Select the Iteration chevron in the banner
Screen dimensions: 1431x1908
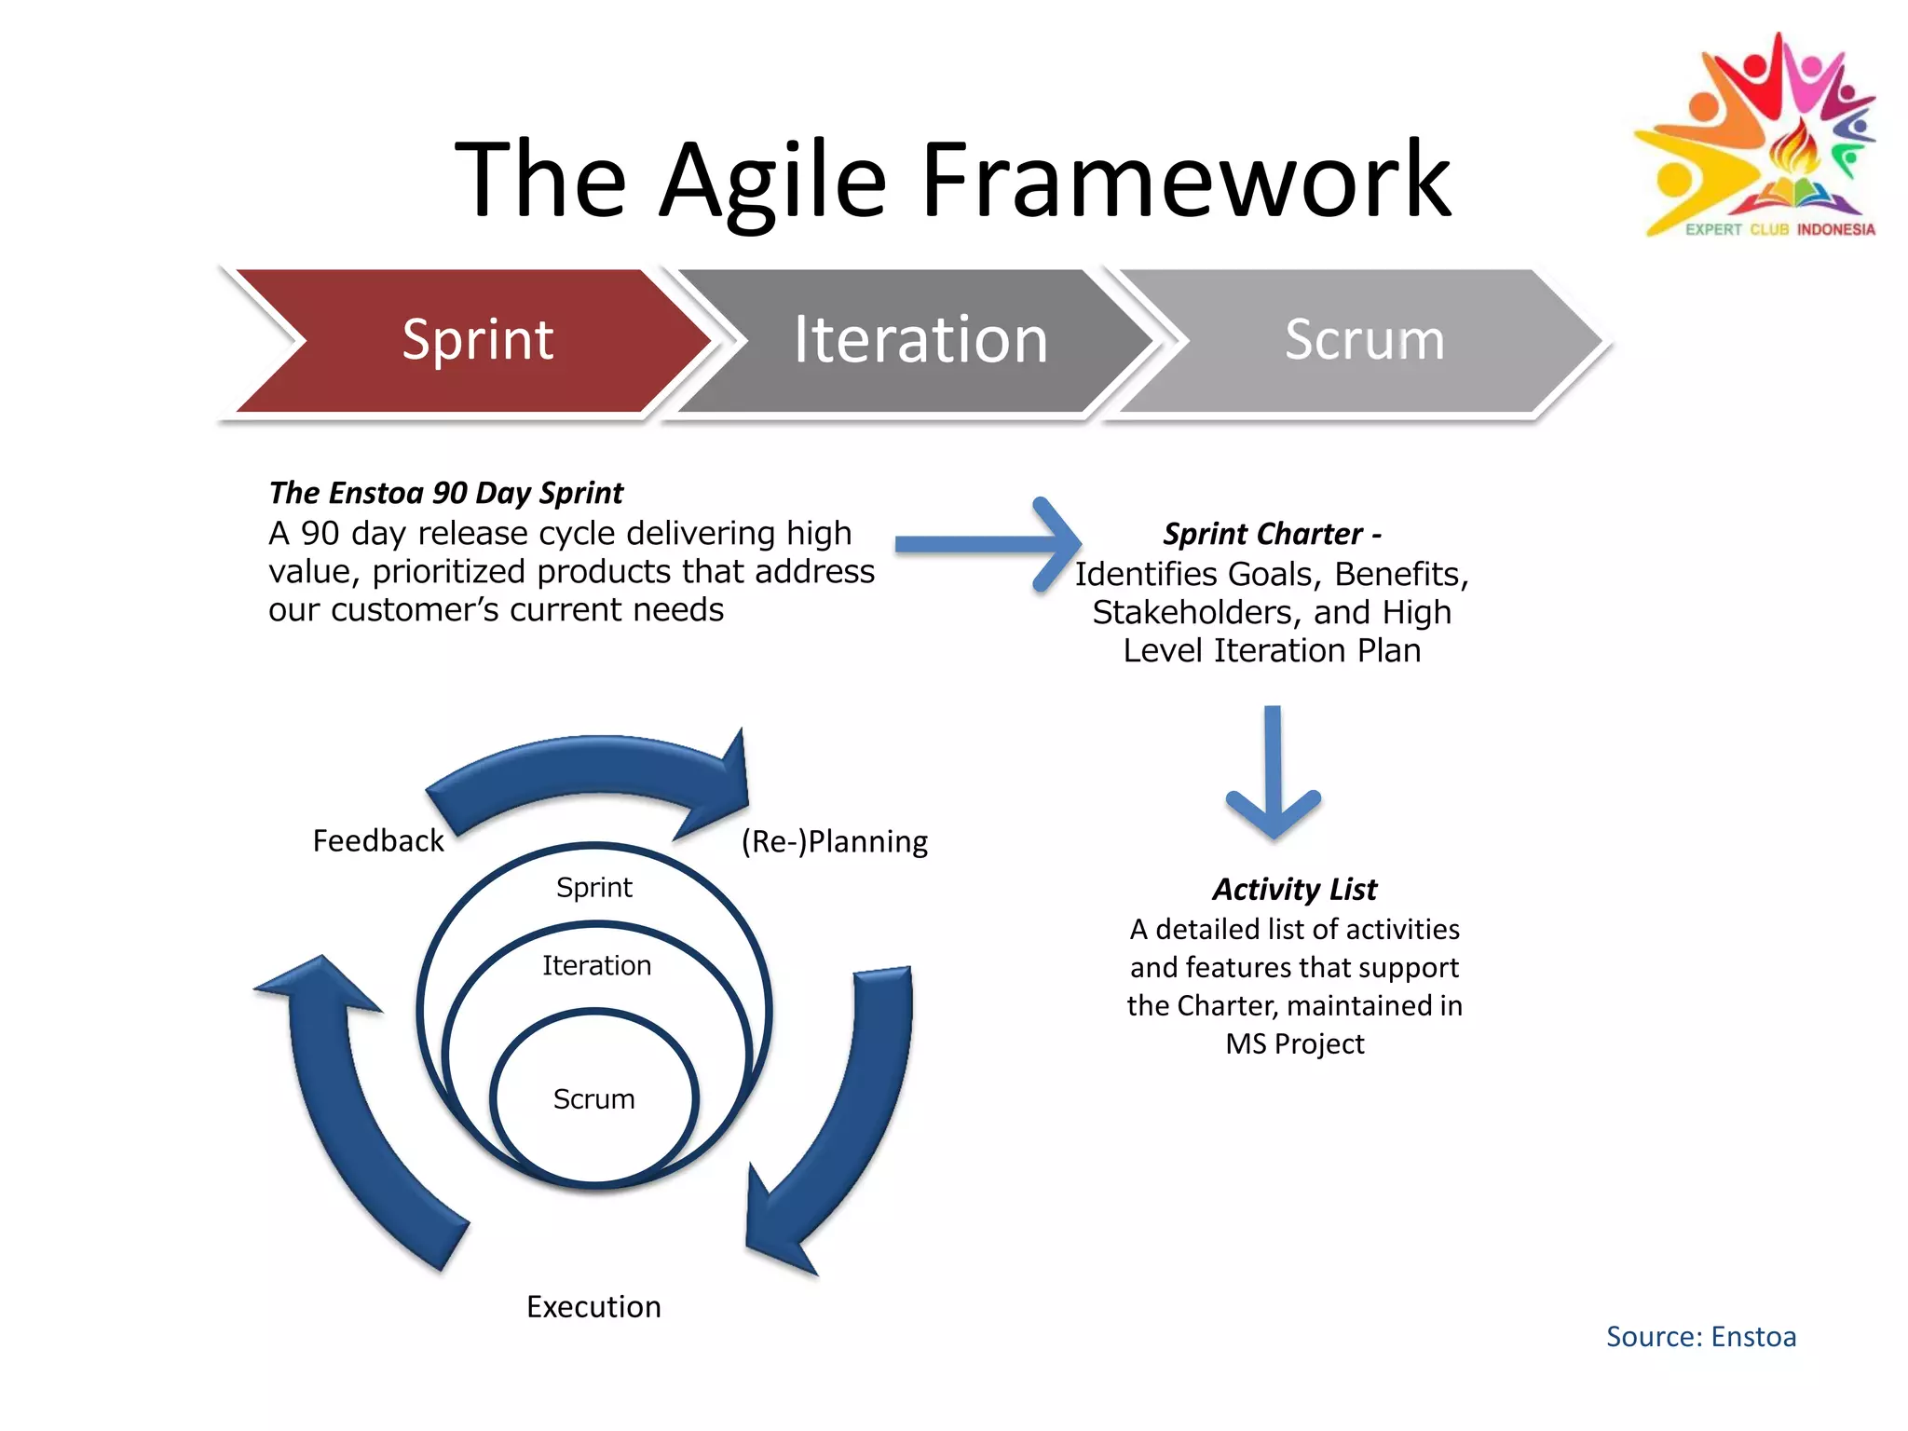pyautogui.click(x=920, y=340)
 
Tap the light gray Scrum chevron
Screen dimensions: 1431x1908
pyautogui.click(x=1363, y=340)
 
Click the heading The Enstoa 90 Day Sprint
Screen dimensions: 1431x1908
pyautogui.click(x=445, y=492)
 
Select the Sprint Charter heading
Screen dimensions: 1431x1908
pyautogui.click(x=1271, y=534)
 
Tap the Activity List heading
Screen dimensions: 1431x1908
pyautogui.click(x=1294, y=889)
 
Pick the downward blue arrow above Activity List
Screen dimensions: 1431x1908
pyautogui.click(x=1273, y=773)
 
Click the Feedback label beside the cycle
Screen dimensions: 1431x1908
pyautogui.click(x=377, y=841)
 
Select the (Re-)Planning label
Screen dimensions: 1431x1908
pyautogui.click(x=834, y=841)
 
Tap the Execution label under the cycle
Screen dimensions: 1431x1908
pyautogui.click(x=593, y=1306)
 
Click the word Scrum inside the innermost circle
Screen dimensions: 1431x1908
pyautogui.click(x=593, y=1099)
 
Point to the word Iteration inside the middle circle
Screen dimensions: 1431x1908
pyautogui.click(x=596, y=965)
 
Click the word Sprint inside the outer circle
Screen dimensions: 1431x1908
pyautogui.click(x=593, y=887)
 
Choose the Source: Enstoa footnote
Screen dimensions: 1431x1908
pyautogui.click(x=1700, y=1337)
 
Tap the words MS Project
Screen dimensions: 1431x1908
pyautogui.click(x=1294, y=1044)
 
